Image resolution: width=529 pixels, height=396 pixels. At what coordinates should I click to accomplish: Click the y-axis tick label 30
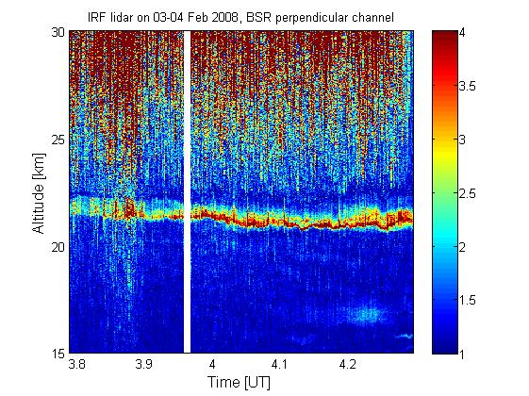pyautogui.click(x=58, y=33)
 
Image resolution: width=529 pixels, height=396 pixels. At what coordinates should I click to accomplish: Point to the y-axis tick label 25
pyautogui.click(x=58, y=140)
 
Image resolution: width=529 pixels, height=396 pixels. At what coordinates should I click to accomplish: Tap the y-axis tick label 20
pyautogui.click(x=58, y=247)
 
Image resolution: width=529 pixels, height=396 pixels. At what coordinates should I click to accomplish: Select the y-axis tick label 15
pyautogui.click(x=58, y=354)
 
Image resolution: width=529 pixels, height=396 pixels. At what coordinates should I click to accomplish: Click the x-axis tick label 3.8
pyautogui.click(x=76, y=364)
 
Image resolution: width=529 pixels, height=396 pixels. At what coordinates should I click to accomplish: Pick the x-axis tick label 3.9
pyautogui.click(x=144, y=364)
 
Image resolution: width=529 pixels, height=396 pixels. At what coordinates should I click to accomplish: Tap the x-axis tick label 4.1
pyautogui.click(x=280, y=364)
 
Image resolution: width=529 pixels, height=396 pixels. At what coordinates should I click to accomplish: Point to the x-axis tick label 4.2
pyautogui.click(x=348, y=364)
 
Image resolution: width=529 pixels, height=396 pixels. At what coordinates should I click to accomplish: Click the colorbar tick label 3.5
pyautogui.click(x=468, y=87)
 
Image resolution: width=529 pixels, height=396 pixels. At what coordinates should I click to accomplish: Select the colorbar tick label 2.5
pyautogui.click(x=468, y=193)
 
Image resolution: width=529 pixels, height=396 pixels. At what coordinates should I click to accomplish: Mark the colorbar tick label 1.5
pyautogui.click(x=468, y=300)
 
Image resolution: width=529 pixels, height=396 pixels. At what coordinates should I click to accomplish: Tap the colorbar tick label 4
pyautogui.click(x=462, y=33)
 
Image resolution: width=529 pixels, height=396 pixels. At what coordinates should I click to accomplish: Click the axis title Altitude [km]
pyautogui.click(x=39, y=193)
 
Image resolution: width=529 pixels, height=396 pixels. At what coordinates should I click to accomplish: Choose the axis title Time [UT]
pyautogui.click(x=240, y=383)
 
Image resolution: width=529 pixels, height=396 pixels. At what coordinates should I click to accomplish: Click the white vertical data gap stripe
pyautogui.click(x=187, y=192)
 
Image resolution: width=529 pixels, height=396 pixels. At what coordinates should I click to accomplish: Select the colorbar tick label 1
pyautogui.click(x=462, y=354)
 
